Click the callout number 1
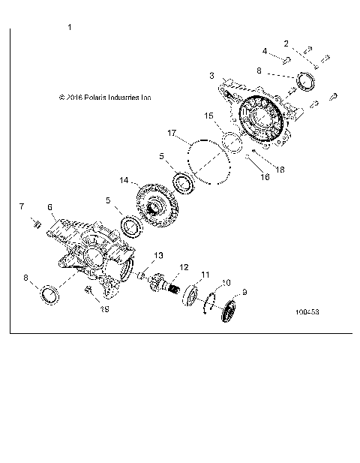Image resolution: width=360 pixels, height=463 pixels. (x=69, y=28)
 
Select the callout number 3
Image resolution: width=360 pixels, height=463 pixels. (x=212, y=76)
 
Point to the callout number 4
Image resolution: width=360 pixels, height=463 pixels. (x=265, y=51)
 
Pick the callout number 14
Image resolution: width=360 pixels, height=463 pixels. (x=124, y=180)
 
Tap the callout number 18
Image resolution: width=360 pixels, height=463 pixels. (x=260, y=170)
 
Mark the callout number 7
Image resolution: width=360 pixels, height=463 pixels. (x=22, y=206)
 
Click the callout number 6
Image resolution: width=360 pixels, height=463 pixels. (x=49, y=206)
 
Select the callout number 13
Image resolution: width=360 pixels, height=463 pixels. (x=158, y=256)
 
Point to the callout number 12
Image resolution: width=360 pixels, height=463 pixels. (x=182, y=266)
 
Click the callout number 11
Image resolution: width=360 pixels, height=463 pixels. (x=205, y=275)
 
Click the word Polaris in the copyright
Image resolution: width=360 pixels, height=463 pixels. (x=97, y=97)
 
